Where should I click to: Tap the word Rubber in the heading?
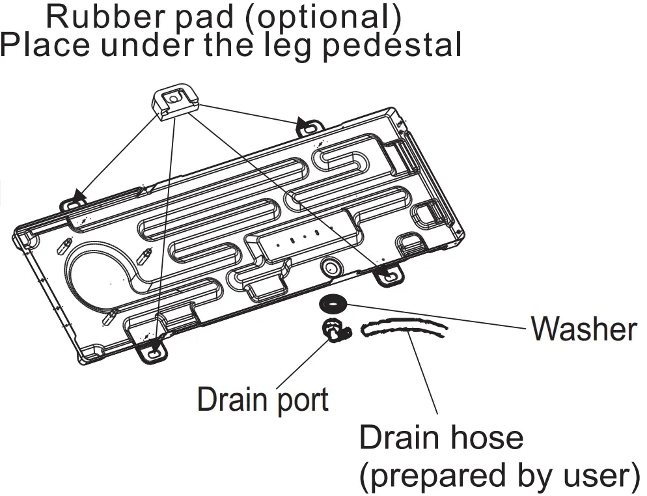tap(96, 17)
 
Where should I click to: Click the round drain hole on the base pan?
tap(331, 266)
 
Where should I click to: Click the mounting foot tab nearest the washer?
tap(389, 277)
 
